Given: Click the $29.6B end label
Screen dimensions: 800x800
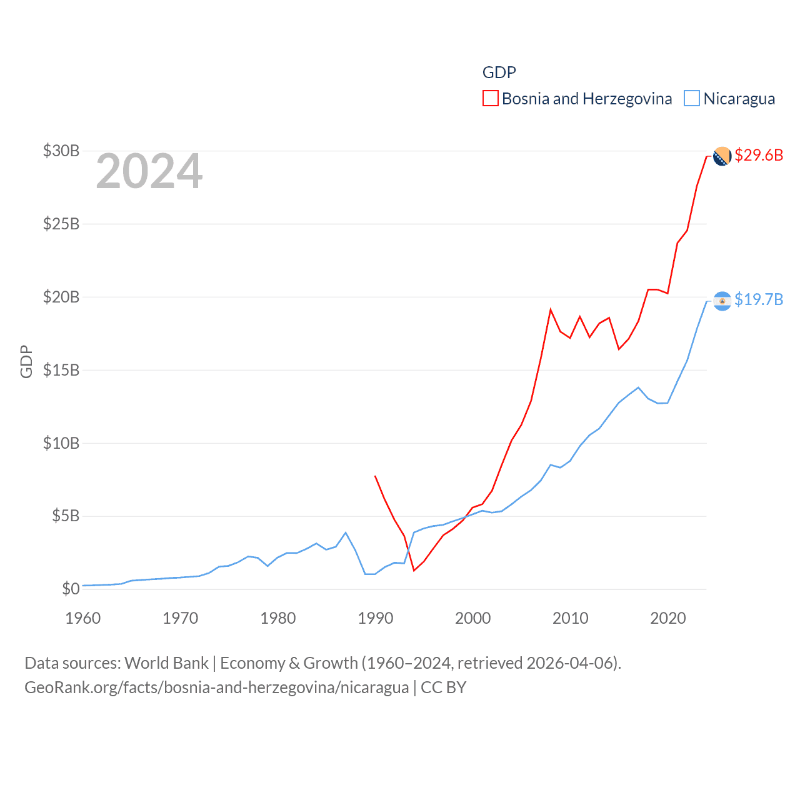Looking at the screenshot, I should point(759,155).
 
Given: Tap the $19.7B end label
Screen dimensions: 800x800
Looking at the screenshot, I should point(759,299).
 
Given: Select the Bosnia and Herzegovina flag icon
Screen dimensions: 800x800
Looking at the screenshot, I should point(722,156).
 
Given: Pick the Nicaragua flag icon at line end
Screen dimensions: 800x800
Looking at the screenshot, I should point(722,301).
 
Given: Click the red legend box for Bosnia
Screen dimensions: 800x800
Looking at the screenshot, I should point(491,99).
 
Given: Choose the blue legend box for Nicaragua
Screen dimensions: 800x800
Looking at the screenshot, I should point(692,99).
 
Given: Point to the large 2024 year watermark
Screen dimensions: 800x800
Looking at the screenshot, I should point(149,171).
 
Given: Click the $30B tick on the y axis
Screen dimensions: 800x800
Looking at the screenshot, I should point(61,151).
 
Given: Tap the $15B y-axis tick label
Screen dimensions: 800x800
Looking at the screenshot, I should point(61,370).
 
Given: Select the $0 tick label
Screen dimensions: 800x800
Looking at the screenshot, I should point(71,589).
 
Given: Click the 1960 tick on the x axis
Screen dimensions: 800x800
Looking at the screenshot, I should point(83,618).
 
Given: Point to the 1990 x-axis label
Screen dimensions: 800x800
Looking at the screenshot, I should point(376,618).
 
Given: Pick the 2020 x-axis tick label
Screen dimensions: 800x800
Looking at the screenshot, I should point(668,618).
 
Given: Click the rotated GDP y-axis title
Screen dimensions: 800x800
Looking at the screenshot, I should point(26,361).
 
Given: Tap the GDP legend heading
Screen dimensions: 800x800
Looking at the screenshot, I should point(499,72).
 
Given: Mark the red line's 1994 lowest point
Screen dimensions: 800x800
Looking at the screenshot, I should point(414,570).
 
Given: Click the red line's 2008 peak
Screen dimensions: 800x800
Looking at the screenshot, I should point(551,309).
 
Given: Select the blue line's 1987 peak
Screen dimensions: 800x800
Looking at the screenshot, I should point(346,532).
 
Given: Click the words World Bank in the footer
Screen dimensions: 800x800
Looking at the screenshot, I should point(167,663).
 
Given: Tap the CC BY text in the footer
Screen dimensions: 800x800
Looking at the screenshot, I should point(444,687).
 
